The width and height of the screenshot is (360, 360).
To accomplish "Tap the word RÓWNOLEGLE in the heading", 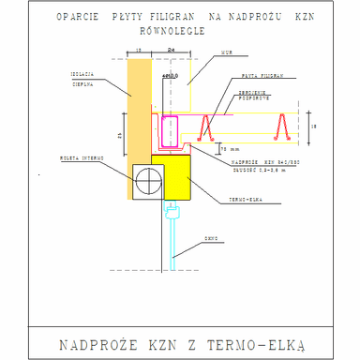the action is [x=180, y=28].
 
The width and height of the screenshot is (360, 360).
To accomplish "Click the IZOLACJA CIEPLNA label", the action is [x=82, y=77].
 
